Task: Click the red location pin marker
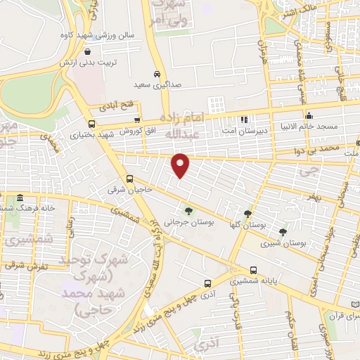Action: click(x=181, y=165)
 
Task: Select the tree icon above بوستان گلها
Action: click(x=247, y=213)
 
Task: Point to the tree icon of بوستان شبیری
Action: click(x=283, y=231)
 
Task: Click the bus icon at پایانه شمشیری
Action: click(x=253, y=269)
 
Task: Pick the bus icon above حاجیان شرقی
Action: click(x=130, y=179)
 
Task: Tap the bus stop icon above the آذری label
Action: click(x=207, y=283)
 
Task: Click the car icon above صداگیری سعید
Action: click(x=157, y=73)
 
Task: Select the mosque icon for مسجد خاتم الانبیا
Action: click(x=308, y=115)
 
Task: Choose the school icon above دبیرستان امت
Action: click(x=243, y=119)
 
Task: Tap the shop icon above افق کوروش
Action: click(x=137, y=121)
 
